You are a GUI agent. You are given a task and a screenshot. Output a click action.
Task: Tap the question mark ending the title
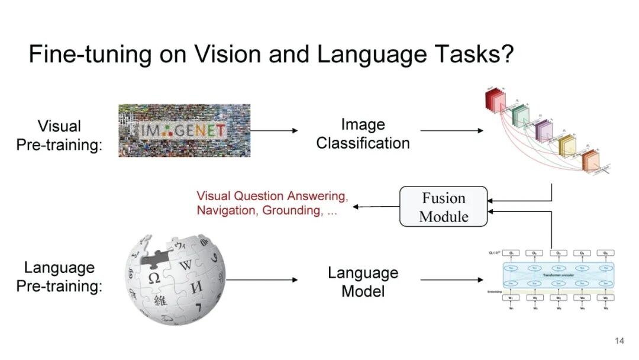coord(505,54)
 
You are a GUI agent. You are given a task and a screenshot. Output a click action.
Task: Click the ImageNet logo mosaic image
coord(184,130)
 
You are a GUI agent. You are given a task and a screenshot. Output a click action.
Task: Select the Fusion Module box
coord(443,207)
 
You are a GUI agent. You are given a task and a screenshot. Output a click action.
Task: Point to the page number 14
coord(619,340)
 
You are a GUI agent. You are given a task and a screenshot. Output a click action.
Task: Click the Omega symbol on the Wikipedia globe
coord(154,277)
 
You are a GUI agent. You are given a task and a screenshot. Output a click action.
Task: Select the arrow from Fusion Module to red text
coord(376,207)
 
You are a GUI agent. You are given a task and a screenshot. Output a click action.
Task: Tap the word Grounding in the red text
coord(290,210)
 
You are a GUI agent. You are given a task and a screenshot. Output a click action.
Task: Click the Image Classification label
coord(363,134)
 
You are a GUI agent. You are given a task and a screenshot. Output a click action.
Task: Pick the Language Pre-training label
coord(59,277)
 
